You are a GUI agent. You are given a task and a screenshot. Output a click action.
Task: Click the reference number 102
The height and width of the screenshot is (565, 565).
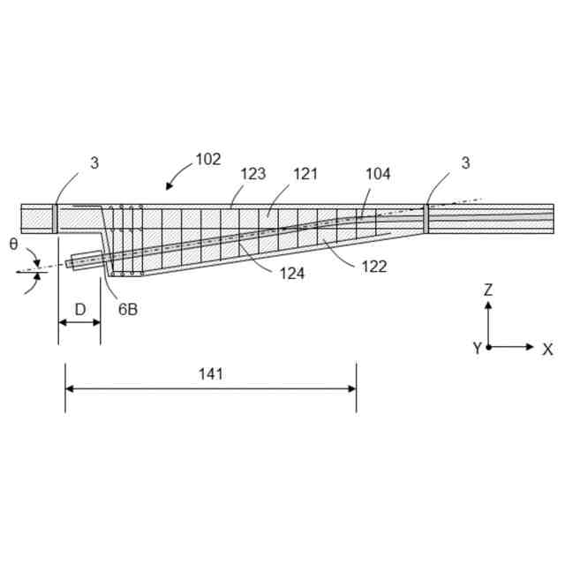[x=208, y=160]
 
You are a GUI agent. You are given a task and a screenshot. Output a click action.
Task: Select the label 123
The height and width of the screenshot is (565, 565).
[x=252, y=174]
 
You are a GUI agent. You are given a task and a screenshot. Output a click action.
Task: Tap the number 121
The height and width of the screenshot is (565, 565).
[x=305, y=174]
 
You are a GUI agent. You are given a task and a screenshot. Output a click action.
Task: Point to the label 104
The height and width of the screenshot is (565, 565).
[x=377, y=174]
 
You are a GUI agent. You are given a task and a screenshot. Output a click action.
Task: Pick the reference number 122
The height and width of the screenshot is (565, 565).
[x=373, y=266]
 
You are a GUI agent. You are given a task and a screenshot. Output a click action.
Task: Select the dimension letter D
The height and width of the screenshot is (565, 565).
[x=79, y=309]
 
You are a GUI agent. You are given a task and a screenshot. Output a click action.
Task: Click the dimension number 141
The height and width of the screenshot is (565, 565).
[x=210, y=373]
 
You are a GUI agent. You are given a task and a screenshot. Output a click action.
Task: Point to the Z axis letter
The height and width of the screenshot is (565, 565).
[x=488, y=289]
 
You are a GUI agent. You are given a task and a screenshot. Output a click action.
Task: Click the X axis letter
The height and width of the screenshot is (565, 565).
[x=547, y=349]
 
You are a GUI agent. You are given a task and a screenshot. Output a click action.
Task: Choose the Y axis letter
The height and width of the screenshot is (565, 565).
[x=477, y=349]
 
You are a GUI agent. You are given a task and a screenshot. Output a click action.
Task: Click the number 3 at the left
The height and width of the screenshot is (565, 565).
[x=94, y=162]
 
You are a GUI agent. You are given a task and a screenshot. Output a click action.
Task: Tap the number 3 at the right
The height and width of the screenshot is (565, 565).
[x=465, y=162]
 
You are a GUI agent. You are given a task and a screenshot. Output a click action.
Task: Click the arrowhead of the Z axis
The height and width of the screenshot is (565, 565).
[x=488, y=305]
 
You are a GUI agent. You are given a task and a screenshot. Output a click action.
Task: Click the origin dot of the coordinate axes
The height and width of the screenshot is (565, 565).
[x=488, y=347]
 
